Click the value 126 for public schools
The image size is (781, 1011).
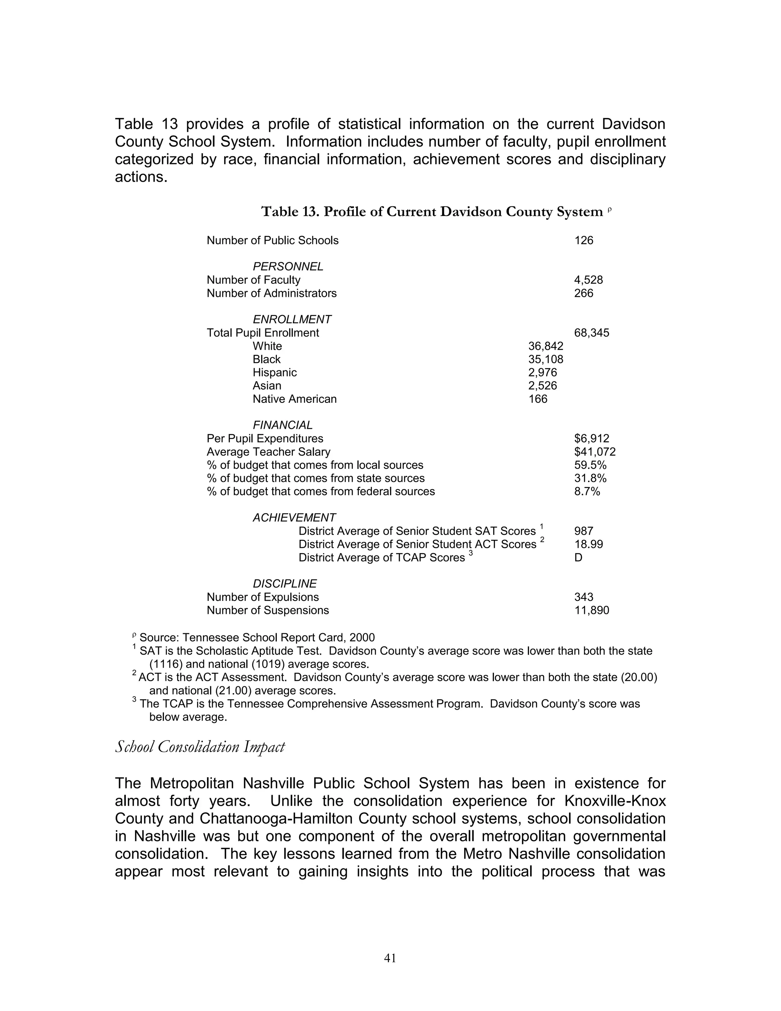(x=583, y=240)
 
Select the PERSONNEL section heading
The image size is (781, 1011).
(x=288, y=267)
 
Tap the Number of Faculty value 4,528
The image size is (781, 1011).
(x=588, y=280)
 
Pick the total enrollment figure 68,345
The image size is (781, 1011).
(x=591, y=333)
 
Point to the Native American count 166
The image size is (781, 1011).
(x=538, y=399)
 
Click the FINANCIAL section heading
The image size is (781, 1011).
(x=282, y=425)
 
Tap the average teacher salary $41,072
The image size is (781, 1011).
(x=595, y=452)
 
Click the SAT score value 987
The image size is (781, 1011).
(x=583, y=531)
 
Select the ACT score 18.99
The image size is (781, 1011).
(x=588, y=544)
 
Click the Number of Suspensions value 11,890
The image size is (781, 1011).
(x=591, y=610)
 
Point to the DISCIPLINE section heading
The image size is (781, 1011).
(x=284, y=584)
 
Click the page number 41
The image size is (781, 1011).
(x=390, y=958)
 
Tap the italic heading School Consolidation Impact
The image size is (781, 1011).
(x=199, y=747)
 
